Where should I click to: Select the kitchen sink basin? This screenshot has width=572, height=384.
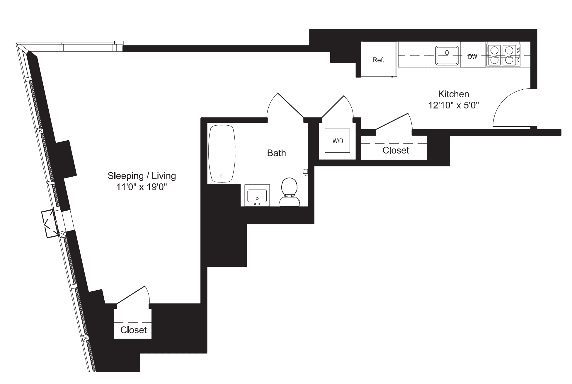447,55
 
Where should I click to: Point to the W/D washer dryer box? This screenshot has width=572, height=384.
337,141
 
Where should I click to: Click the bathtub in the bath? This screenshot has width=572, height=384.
222,154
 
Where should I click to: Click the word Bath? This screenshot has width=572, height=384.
276,153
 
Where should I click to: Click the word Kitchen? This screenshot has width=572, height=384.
453,94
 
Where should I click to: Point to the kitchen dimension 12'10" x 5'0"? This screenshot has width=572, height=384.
453,105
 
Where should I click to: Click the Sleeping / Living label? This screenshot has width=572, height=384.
142,176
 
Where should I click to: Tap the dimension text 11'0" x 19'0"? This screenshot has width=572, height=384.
142,187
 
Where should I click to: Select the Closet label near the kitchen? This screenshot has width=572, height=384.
396,150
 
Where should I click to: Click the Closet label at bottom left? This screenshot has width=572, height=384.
133,330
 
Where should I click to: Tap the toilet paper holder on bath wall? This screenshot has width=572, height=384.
305,172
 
